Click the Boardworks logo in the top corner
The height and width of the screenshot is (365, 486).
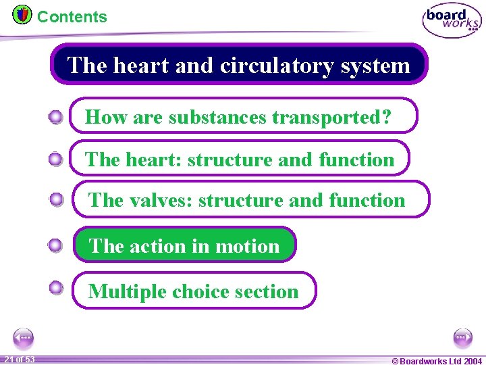click(x=452, y=20)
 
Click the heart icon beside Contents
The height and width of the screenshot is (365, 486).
click(x=22, y=14)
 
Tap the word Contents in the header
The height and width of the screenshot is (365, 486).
click(x=72, y=17)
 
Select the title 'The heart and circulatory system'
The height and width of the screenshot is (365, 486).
click(x=239, y=65)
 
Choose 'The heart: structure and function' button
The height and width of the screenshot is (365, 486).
click(x=240, y=159)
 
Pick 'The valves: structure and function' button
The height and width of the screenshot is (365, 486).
click(x=250, y=199)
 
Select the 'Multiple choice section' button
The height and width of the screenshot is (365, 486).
click(x=194, y=291)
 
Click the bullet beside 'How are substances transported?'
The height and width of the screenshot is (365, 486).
click(x=56, y=118)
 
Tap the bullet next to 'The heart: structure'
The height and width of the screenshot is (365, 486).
click(x=56, y=160)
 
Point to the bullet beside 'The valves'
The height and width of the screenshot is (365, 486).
click(x=57, y=199)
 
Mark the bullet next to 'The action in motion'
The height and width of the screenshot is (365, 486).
click(x=56, y=245)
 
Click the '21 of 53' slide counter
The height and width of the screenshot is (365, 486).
click(x=19, y=360)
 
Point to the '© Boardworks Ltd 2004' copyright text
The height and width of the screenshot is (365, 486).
click(x=437, y=361)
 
